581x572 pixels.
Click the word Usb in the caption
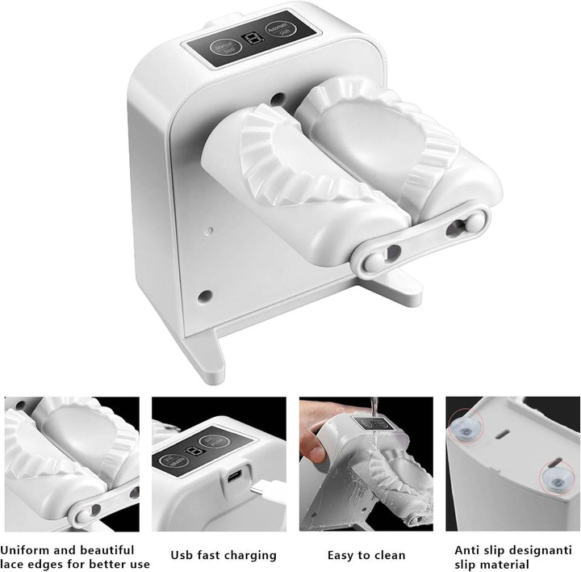(x=183, y=555)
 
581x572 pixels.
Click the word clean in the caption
(x=384, y=555)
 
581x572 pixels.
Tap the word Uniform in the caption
(x=25, y=549)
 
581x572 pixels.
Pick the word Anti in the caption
(x=469, y=549)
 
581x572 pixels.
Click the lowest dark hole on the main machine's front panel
(x=203, y=295)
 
